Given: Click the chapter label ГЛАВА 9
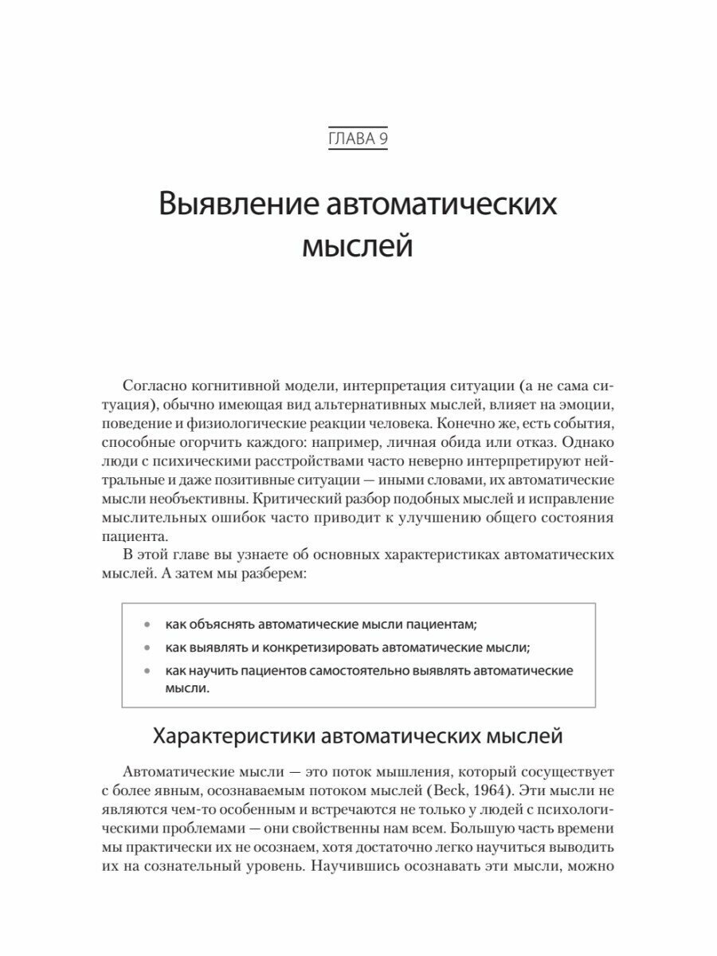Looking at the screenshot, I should click(x=358, y=140).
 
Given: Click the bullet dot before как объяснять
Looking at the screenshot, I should click(x=146, y=624).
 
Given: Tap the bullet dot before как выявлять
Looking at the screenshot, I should click(x=146, y=648).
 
